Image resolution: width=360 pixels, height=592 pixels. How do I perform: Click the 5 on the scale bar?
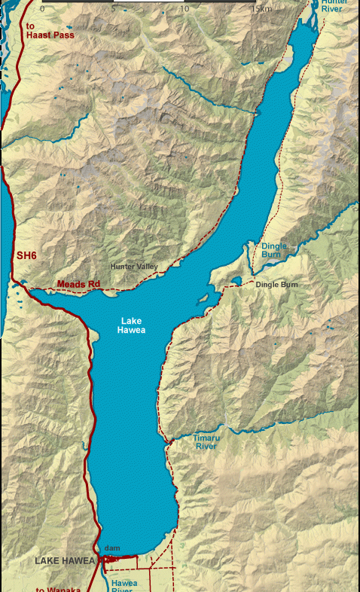point(113,9)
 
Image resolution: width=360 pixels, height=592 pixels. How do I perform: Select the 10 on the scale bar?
point(185,9)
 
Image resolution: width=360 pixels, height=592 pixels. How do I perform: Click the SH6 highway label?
point(26,256)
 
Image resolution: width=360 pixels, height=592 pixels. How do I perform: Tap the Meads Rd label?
point(78,284)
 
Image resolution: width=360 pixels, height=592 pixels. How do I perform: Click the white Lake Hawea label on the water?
point(133,325)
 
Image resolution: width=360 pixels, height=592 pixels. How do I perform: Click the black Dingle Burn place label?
point(276,284)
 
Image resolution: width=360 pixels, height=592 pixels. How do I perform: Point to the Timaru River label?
point(206,441)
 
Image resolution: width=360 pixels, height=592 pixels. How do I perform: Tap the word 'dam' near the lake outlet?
point(112,548)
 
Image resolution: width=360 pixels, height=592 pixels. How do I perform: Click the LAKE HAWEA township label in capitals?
point(64,561)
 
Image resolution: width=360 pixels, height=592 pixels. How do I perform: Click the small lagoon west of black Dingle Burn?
point(236,282)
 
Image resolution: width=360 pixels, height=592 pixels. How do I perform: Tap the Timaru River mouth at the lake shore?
point(172,440)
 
